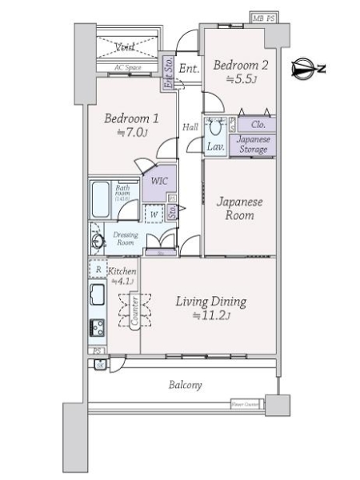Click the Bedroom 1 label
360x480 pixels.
coord(132,118)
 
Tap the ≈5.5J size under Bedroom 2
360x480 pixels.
coord(240,78)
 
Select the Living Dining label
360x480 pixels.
coord(211,302)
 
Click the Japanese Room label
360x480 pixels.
coord(239,209)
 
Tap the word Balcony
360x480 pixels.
coord(185,385)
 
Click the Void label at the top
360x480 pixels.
coord(125,46)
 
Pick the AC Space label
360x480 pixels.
coord(128,68)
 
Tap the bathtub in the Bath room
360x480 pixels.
coord(102,198)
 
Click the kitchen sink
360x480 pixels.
coord(98,301)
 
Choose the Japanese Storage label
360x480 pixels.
coord(254,144)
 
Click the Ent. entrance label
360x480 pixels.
coord(189,70)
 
